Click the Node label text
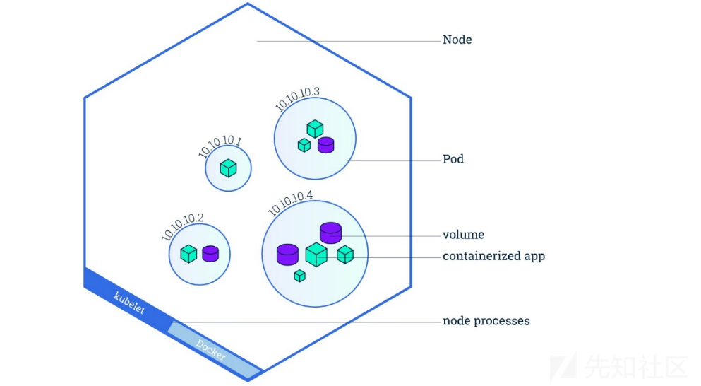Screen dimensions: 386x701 pos(457,40)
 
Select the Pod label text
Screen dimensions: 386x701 pos(453,159)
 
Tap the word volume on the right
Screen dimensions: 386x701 pos(463,235)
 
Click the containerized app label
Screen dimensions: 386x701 pos(493,256)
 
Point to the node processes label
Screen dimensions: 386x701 pos(486,321)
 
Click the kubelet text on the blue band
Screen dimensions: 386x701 pos(129,301)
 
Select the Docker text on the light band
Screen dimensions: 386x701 pos(211,351)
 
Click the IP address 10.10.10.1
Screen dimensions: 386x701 pos(220,146)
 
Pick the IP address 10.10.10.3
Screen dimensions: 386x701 pos(298,99)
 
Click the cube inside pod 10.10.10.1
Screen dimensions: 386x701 pos(228,168)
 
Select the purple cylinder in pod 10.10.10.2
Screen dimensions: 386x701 pos(210,254)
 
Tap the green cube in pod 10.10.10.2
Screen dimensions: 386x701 pos(188,254)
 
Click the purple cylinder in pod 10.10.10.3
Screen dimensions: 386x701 pos(325,145)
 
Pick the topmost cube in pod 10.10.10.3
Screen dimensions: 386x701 pos(315,129)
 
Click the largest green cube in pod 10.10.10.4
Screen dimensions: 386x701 pos(316,255)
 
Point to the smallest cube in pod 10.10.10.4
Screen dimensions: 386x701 pos(299,276)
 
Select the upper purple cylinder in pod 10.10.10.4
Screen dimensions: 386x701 pos(330,233)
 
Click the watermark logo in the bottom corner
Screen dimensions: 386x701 pos(563,366)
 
